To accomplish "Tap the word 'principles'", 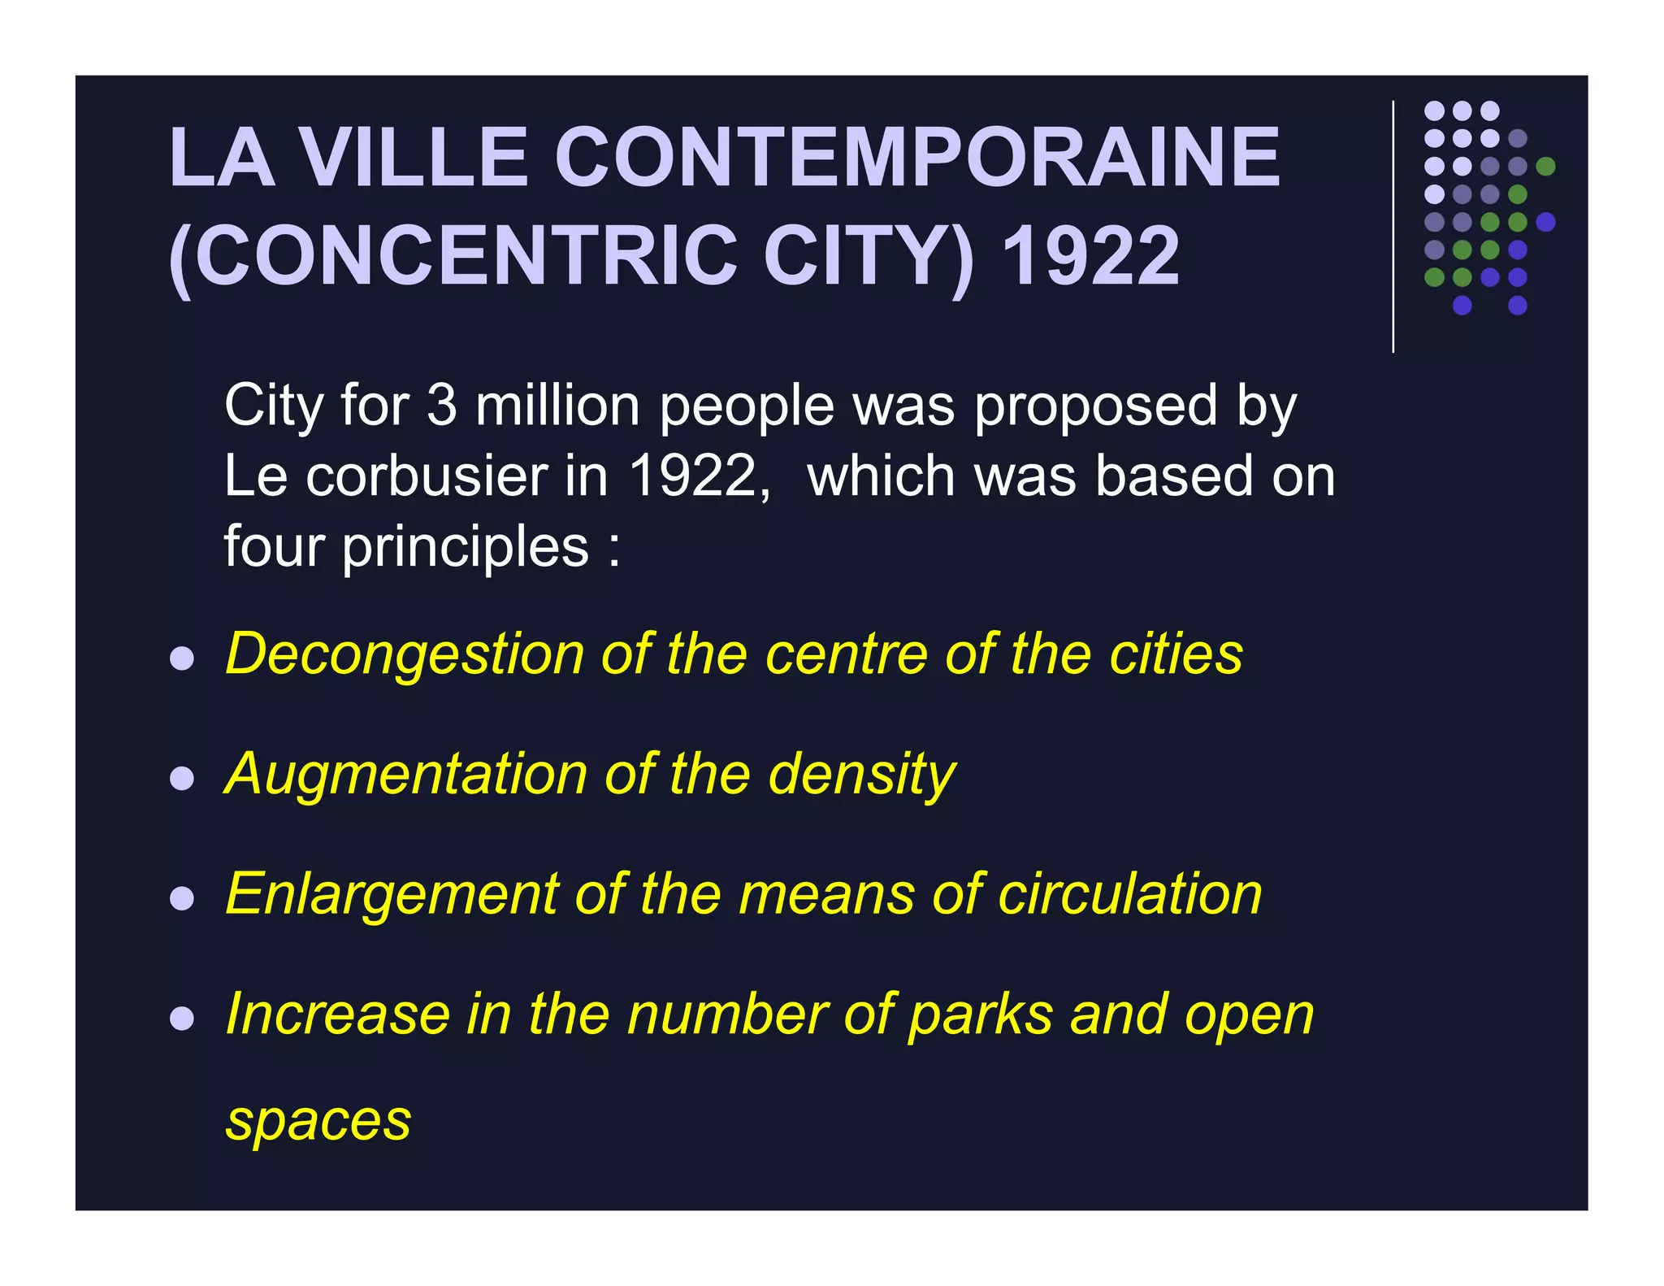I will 465,547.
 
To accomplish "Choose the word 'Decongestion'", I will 405,654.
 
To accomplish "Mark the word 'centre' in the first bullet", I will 847,654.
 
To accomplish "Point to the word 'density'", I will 862,775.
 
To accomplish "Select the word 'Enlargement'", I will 392,893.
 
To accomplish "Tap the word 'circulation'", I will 1129,893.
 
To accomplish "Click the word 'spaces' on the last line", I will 318,1122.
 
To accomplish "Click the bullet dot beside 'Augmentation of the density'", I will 182,778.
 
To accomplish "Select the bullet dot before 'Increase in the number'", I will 182,1019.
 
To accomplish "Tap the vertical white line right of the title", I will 1393,227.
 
